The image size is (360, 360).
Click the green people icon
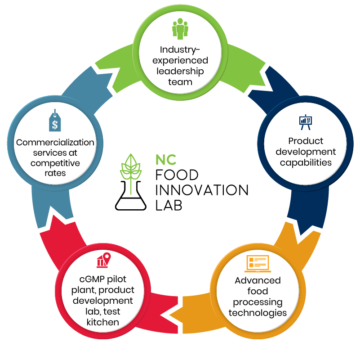(x=180, y=28)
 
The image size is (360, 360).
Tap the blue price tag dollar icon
(x=54, y=121)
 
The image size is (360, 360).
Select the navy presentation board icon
(x=305, y=121)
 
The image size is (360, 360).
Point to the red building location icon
(x=103, y=260)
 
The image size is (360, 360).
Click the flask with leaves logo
(x=131, y=182)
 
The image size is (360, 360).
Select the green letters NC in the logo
(x=166, y=159)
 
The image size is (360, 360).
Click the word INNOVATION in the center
(x=201, y=190)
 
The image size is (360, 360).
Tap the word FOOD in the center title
(x=177, y=175)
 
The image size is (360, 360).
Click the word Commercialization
(x=55, y=142)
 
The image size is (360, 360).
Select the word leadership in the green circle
(x=180, y=71)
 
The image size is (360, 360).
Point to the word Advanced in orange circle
(x=258, y=280)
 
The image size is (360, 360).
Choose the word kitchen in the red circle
(x=103, y=322)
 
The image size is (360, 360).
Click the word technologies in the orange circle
(x=258, y=312)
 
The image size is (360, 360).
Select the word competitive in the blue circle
(x=55, y=162)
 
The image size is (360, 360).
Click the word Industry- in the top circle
(x=180, y=49)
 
